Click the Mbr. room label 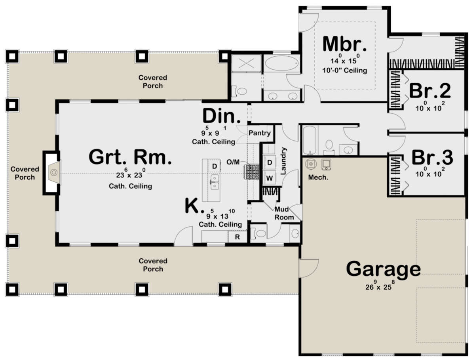click(344, 44)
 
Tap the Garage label click(383, 269)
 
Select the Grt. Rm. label click(130, 157)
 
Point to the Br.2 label click(430, 91)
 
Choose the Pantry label click(259, 133)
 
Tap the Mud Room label click(284, 213)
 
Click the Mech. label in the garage click(318, 178)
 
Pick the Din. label click(222, 116)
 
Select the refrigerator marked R click(237, 237)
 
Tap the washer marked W click(270, 178)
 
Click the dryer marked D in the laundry click(270, 162)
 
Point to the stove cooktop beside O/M click(252, 172)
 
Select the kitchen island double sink click(215, 182)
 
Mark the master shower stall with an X click(246, 63)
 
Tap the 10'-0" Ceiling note click(345, 71)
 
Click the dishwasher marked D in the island click(215, 166)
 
